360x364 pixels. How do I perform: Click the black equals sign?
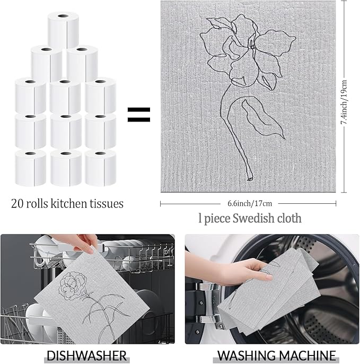coord(138,114)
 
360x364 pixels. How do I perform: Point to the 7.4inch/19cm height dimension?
coord(344,101)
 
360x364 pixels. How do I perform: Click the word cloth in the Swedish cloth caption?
coord(288,218)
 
